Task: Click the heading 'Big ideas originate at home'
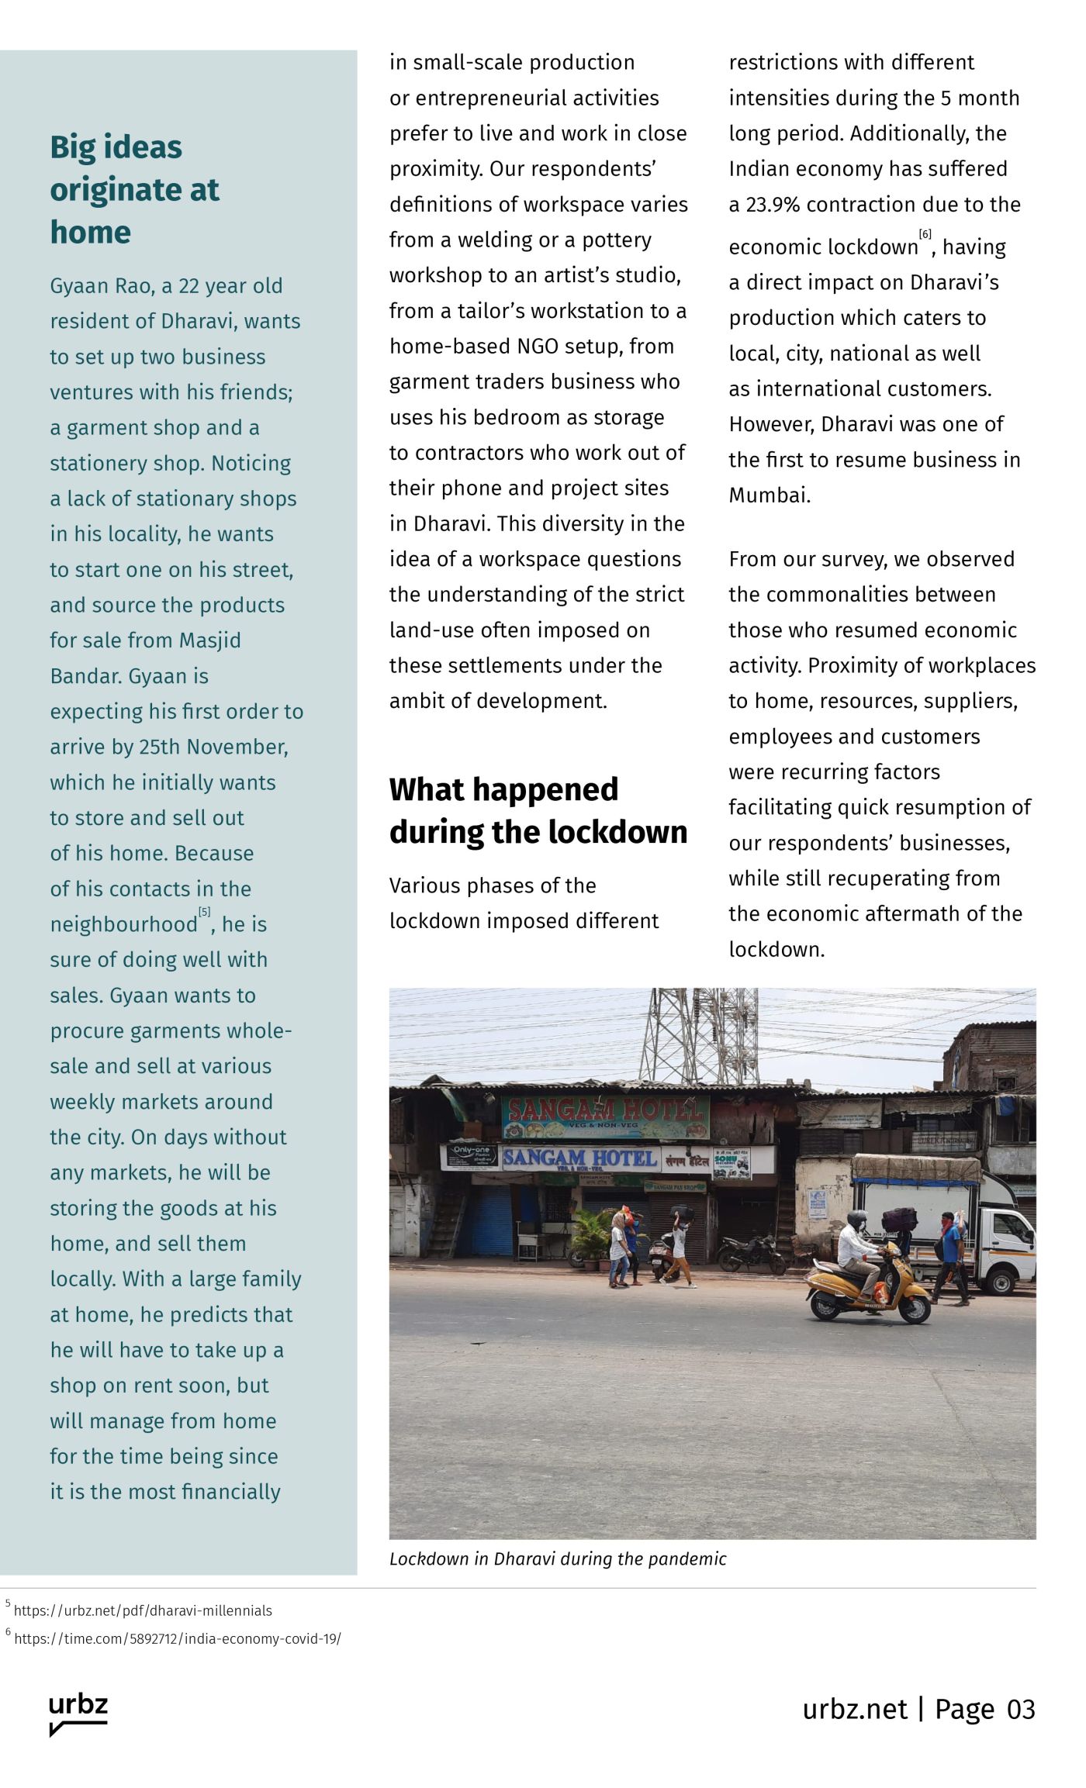[134, 189]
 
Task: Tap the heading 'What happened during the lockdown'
[538, 810]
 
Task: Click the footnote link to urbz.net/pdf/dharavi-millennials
[143, 1610]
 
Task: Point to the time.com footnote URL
[177, 1638]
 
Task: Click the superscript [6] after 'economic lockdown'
[925, 235]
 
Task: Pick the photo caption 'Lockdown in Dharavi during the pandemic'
[558, 1559]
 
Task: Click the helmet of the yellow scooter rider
[857, 1218]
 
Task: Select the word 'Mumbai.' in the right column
[769, 495]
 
